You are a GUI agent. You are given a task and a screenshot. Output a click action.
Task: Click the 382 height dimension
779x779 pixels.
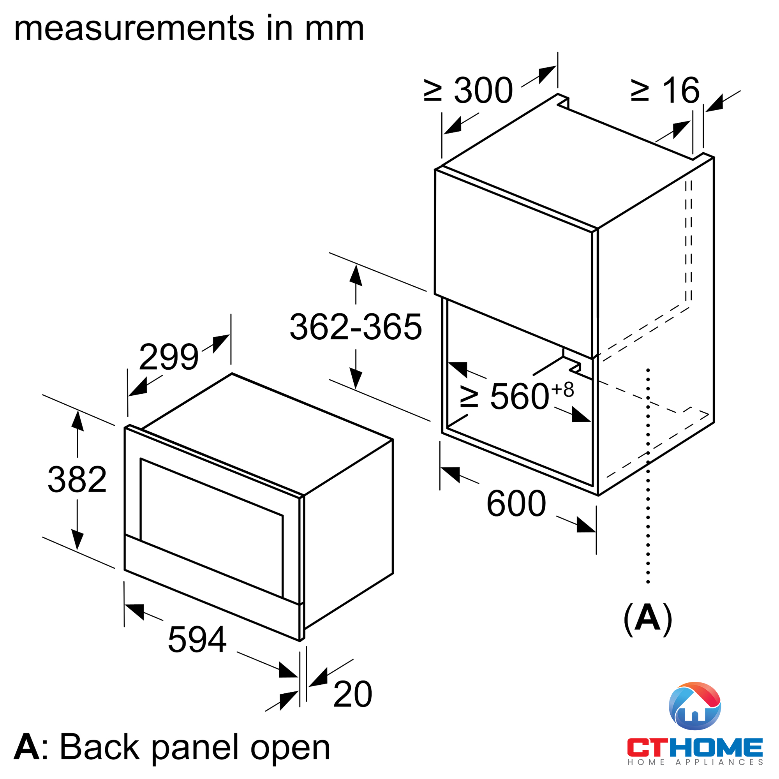coord(77,480)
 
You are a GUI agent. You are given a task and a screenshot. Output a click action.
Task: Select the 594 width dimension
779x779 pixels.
coord(197,640)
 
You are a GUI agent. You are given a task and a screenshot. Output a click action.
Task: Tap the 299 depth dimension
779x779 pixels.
coord(169,356)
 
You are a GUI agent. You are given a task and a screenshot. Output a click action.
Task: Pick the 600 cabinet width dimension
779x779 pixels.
coord(516,503)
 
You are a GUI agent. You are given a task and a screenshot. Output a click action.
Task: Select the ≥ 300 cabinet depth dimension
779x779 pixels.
coord(468,90)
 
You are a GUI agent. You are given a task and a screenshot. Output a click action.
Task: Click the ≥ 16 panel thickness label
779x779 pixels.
coord(665,90)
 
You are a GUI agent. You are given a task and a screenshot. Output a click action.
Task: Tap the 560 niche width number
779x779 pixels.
coord(520,397)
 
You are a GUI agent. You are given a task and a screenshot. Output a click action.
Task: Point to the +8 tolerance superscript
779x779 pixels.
coord(563,390)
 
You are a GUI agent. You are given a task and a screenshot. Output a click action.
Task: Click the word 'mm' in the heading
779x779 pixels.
coord(334,29)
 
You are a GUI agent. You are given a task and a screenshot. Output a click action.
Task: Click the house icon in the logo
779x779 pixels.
coord(695,706)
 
